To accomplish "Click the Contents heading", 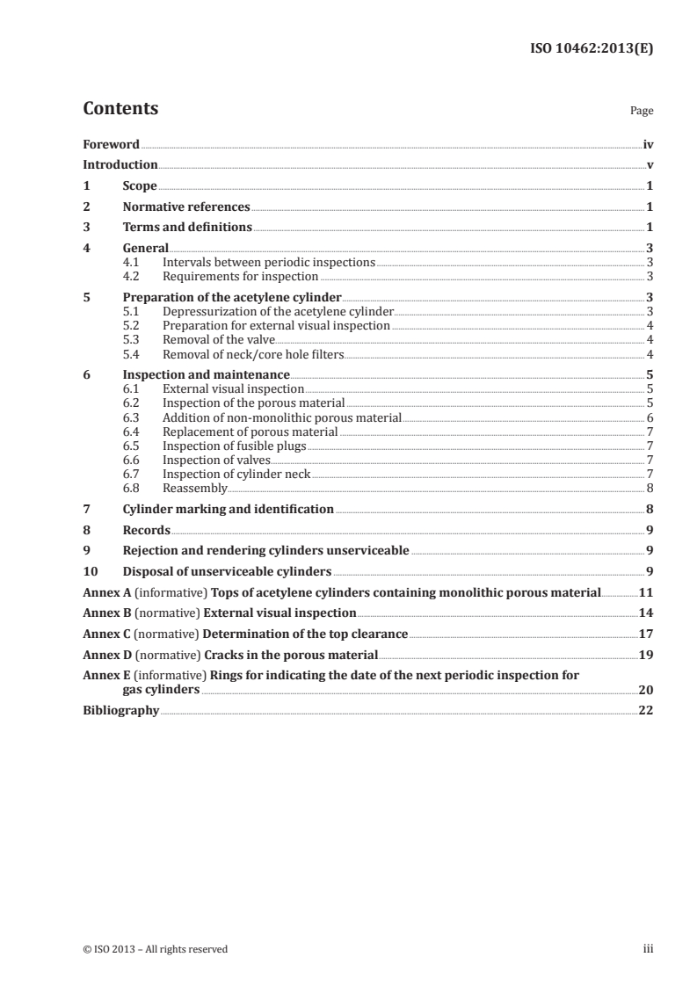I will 120,109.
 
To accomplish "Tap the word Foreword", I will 111,144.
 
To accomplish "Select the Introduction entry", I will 120,165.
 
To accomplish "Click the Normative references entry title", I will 186,207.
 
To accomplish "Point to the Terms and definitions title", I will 187,228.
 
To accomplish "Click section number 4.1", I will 132,263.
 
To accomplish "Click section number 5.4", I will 132,354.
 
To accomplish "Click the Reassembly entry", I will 195,488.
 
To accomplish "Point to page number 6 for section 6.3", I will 649,418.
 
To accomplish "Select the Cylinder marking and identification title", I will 228,509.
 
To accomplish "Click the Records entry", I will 147,531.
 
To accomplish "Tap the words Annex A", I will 103,592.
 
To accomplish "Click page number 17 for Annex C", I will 645,634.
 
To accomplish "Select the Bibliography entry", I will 120,711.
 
